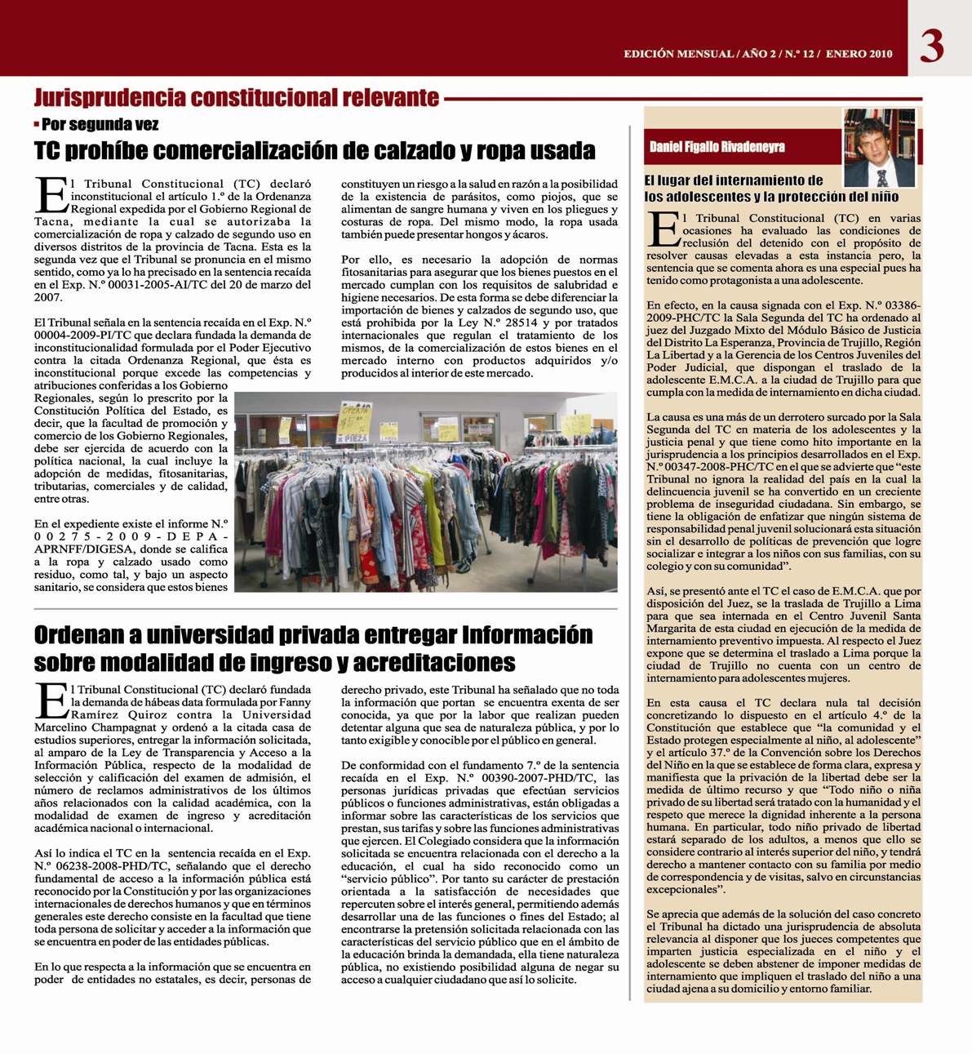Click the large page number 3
coord(932,46)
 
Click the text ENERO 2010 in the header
coord(859,54)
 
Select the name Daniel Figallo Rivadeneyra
coord(717,147)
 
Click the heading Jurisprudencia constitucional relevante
coord(237,98)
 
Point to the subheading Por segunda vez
coord(100,125)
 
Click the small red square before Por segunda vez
coord(37,124)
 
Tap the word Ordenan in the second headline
coord(80,634)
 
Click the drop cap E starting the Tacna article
coord(51,194)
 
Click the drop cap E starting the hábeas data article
coord(51,700)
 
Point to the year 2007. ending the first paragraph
coord(48,297)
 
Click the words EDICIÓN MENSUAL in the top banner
coord(678,54)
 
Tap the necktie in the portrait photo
coord(882,177)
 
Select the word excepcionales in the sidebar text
coord(686,890)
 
